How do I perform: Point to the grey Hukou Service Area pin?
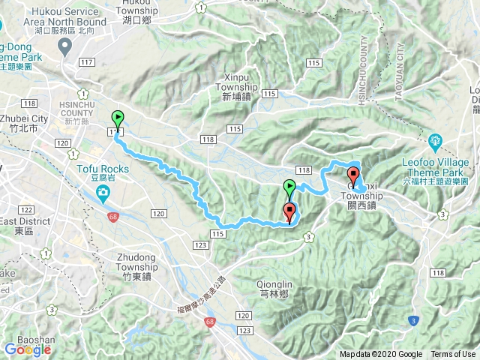(65, 48)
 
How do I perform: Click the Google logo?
(27, 349)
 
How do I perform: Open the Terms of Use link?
(452, 355)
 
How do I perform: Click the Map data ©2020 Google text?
(381, 355)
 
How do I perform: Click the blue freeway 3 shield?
(412, 321)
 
